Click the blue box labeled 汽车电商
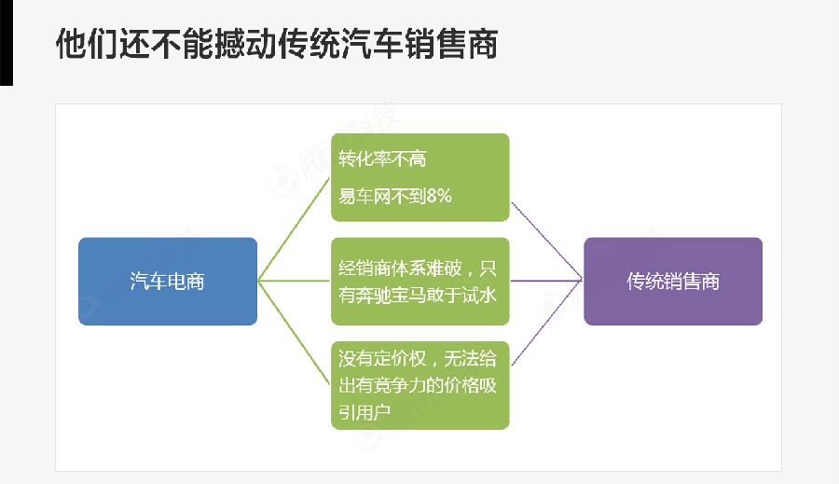click(x=167, y=281)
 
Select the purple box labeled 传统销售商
click(x=673, y=281)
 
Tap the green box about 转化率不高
click(x=419, y=177)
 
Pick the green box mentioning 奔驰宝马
click(x=419, y=281)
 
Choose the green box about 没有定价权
click(x=419, y=384)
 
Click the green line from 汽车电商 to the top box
click(x=294, y=229)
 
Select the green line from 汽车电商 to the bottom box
click(x=294, y=332)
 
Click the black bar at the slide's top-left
click(x=6, y=42)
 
